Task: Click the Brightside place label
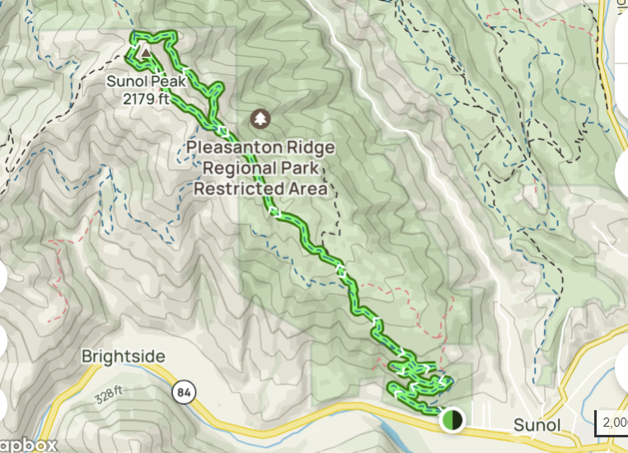point(124,357)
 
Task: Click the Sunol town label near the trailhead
point(537,426)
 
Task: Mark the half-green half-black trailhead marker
point(451,420)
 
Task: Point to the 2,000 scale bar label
point(614,422)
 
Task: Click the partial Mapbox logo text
point(29,445)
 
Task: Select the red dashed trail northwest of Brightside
point(59,264)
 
